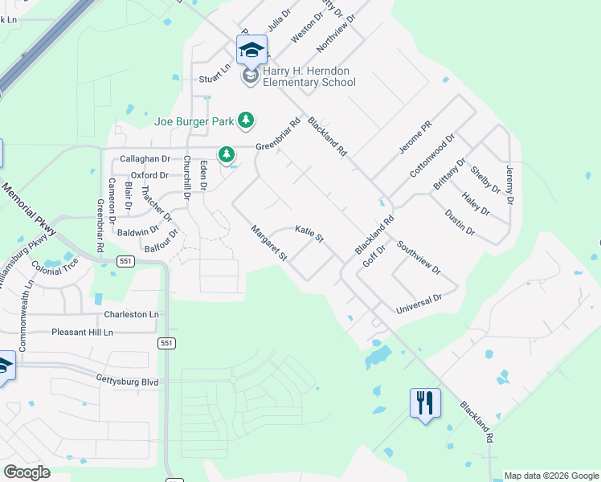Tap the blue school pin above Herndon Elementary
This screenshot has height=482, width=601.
(251, 50)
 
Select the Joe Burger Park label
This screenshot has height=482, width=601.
(194, 121)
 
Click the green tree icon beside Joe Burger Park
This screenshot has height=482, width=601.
(245, 121)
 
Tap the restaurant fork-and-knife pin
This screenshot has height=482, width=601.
(425, 402)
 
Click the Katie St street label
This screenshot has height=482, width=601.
(309, 234)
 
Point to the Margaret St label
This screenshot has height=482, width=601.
(270, 243)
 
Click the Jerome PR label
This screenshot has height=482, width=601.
(415, 138)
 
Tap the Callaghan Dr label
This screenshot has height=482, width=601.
(145, 159)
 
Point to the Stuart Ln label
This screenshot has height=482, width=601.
(215, 80)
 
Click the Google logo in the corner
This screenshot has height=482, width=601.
(27, 472)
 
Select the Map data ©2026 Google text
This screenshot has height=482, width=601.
(551, 476)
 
